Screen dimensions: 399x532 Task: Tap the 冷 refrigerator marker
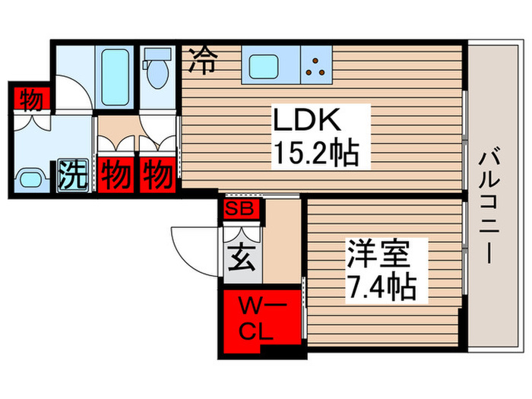click(201, 60)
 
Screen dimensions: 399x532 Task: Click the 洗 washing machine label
click(73, 176)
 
